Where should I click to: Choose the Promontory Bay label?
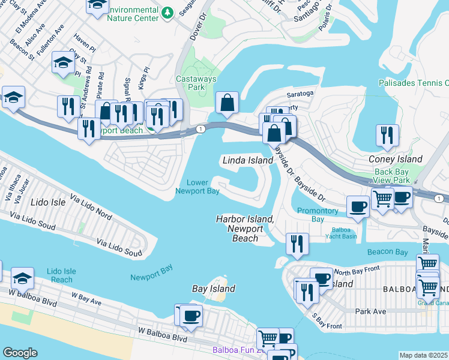318,215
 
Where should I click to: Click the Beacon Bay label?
388,252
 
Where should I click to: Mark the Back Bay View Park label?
392,176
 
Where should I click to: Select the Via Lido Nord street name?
91,206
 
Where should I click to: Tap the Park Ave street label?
369,311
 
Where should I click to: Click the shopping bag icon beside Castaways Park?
228,103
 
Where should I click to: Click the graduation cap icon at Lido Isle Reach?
22,278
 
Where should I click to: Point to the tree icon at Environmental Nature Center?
169,12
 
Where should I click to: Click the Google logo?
20,353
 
